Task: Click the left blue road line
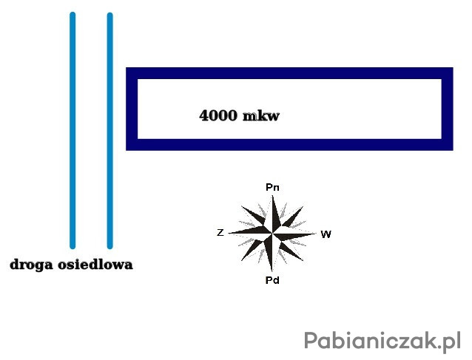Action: [73, 131]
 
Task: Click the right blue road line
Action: [110, 131]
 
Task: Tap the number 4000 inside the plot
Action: [218, 115]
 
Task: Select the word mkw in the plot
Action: [261, 115]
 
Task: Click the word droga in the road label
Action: [32, 265]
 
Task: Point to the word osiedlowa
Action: [95, 265]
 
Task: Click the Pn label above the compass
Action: [272, 187]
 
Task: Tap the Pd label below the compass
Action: [272, 280]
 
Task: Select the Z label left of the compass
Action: [220, 232]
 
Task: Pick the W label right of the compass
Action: [326, 234]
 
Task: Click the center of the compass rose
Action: [272, 233]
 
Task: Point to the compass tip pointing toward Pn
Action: [272, 195]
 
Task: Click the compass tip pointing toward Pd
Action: [272, 271]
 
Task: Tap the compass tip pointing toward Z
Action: [229, 233]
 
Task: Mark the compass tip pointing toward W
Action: [316, 234]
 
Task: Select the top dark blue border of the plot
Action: [289, 73]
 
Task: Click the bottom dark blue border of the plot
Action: [289, 145]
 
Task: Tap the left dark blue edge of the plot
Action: [132, 109]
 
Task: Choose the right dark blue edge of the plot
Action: [448, 109]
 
